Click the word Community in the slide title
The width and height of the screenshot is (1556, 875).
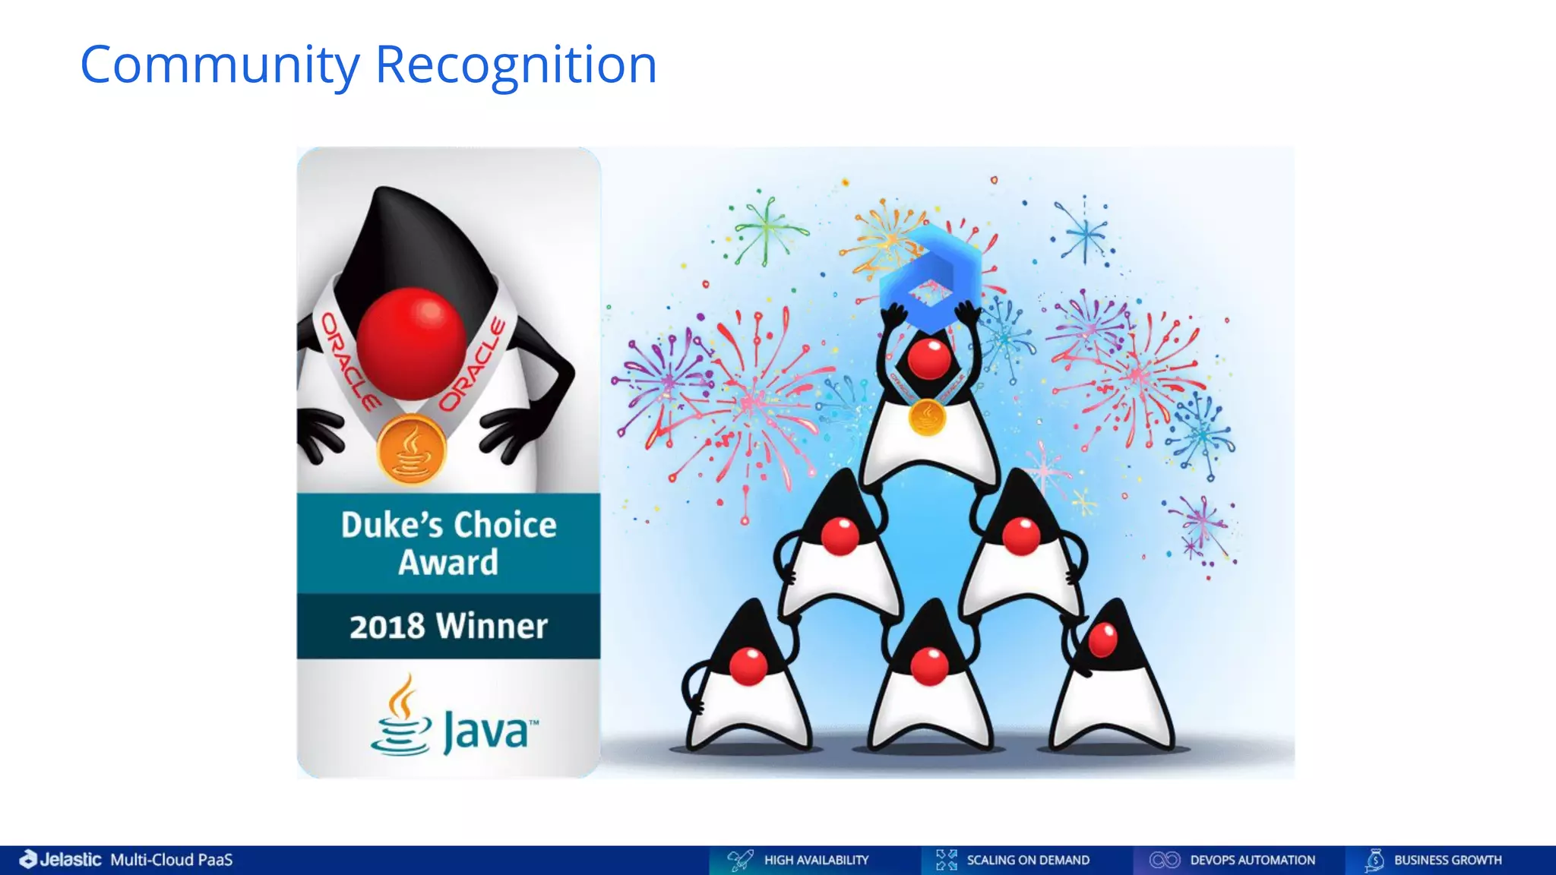[x=220, y=66]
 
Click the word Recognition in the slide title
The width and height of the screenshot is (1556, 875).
[x=516, y=66]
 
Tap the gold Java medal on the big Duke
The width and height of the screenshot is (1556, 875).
[x=411, y=449]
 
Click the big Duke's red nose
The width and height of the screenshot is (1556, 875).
[x=411, y=343]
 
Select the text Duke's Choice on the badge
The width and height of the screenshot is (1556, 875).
[x=448, y=525]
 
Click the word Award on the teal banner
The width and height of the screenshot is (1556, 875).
[x=448, y=563]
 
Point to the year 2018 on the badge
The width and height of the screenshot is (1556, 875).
[x=387, y=627]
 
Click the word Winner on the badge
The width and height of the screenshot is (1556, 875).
[x=492, y=627]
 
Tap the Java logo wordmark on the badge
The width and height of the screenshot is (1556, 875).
[x=487, y=731]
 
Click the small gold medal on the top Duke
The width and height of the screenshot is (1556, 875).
[x=927, y=417]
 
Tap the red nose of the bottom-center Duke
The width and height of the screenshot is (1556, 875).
[x=929, y=666]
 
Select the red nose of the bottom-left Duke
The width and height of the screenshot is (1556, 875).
[x=748, y=665]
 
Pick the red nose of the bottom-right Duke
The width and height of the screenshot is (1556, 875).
[x=1102, y=640]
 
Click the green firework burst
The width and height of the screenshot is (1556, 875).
[x=767, y=229]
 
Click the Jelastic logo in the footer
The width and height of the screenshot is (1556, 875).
[x=61, y=860]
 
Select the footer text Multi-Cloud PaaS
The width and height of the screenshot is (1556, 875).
[x=172, y=860]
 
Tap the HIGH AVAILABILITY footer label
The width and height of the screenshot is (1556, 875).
[x=816, y=860]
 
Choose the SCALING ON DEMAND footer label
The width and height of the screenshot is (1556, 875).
[x=1028, y=860]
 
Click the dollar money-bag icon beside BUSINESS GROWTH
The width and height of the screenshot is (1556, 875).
[x=1374, y=860]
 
